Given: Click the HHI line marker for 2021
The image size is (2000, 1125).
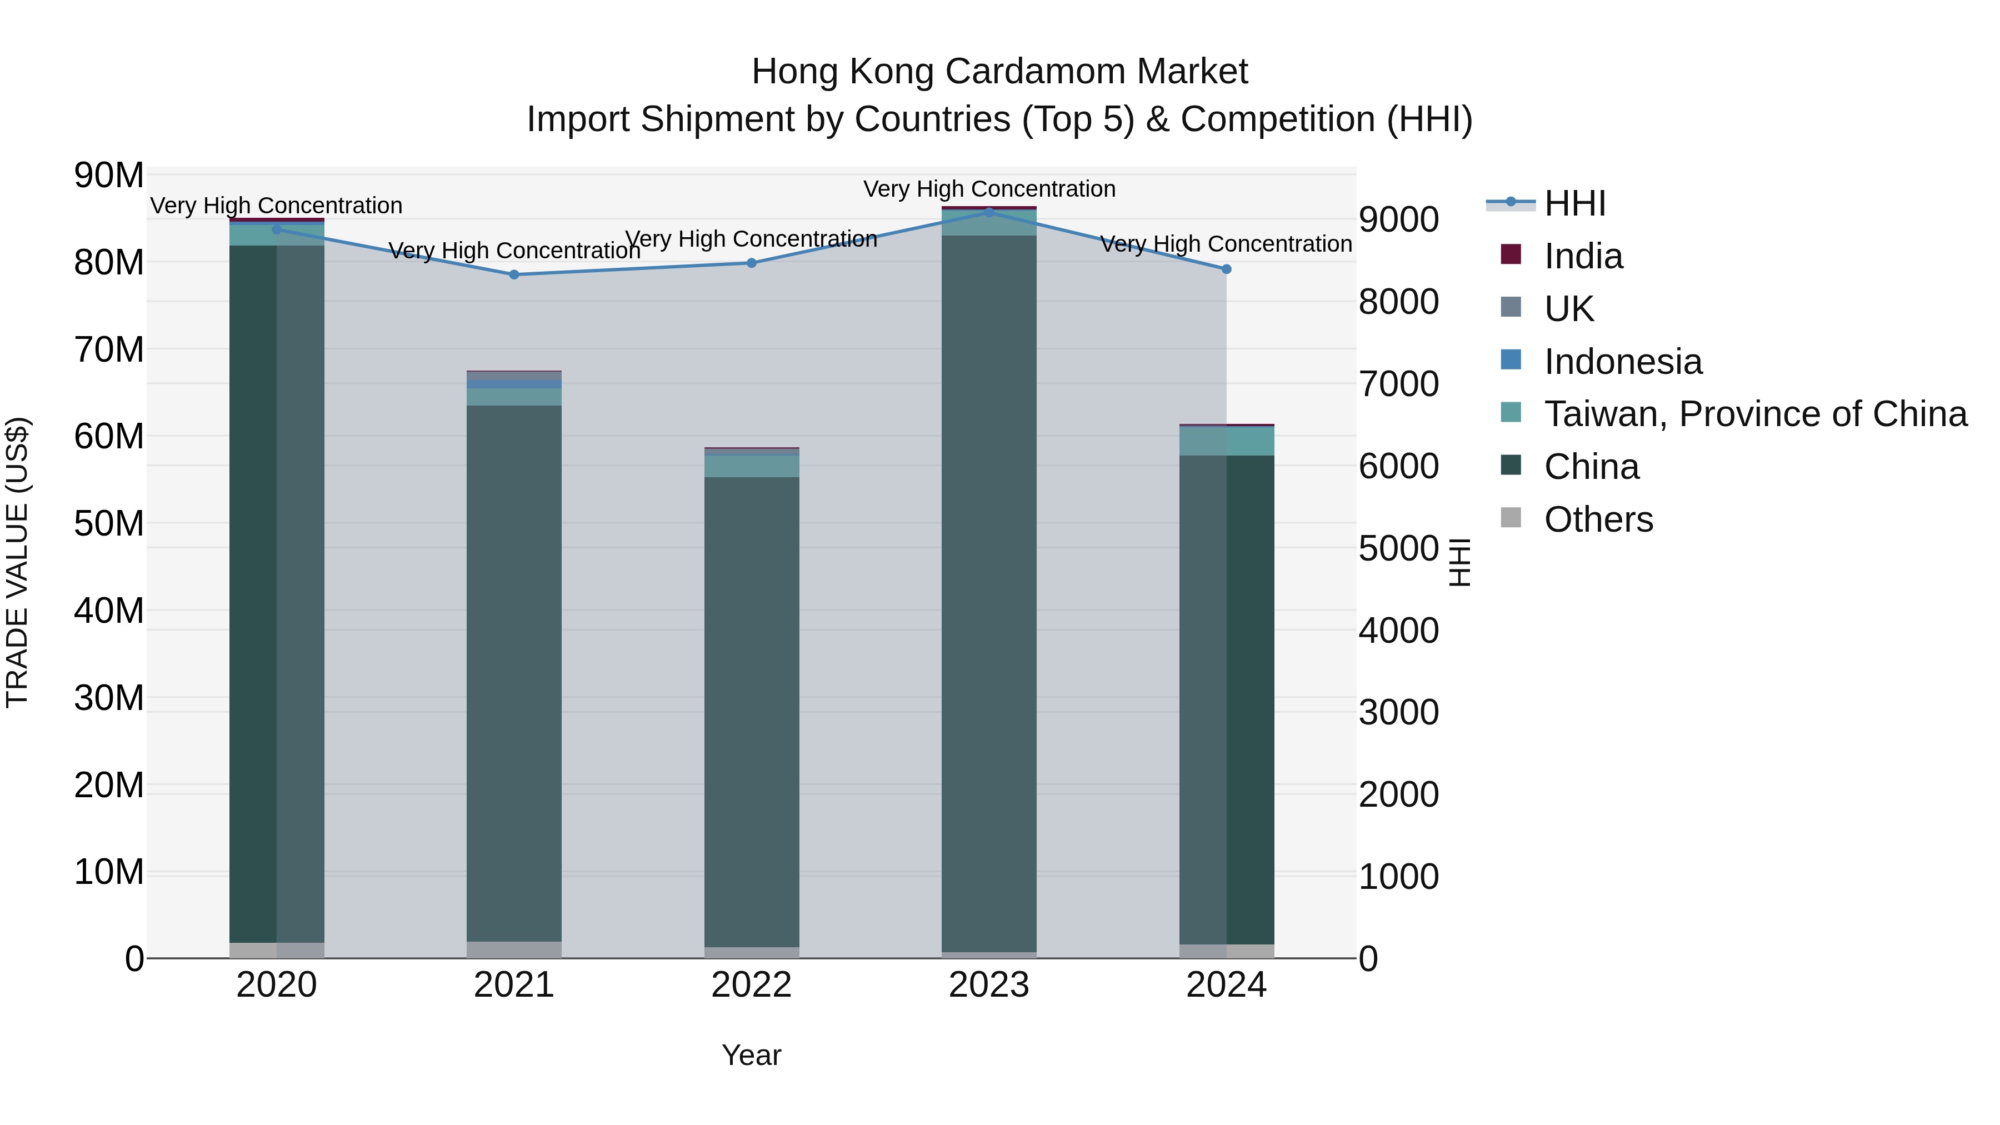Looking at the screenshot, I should (x=513, y=275).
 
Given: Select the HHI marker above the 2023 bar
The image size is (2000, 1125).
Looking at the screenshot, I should (x=988, y=212).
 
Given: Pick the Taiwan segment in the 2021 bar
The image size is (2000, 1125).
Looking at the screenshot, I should (x=513, y=397).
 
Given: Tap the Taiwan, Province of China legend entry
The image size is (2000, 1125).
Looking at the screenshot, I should (x=1754, y=414).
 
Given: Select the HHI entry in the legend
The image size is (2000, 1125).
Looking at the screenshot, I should (x=1574, y=203).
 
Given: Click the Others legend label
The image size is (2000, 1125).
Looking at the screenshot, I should (x=1598, y=519).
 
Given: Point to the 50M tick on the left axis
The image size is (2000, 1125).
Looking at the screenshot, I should (x=109, y=524).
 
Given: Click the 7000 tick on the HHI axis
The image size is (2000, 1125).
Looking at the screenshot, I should (x=1398, y=384).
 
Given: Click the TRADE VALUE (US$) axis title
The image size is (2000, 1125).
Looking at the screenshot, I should (x=17, y=562).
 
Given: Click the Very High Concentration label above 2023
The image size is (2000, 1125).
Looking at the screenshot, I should (x=988, y=189).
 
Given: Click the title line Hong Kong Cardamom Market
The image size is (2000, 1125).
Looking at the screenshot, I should (x=999, y=72).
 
